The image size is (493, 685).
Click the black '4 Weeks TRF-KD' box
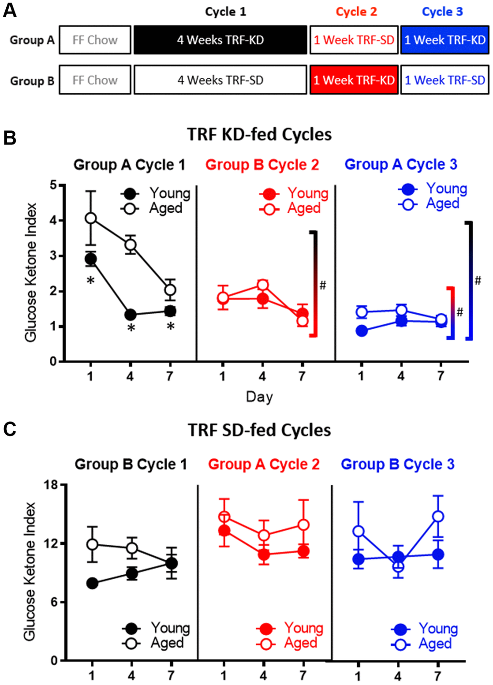[220, 40]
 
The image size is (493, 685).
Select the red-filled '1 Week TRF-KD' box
[354, 80]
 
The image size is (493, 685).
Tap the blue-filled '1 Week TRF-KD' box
[445, 40]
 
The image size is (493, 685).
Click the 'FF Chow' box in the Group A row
[95, 40]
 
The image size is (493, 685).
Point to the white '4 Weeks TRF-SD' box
[220, 80]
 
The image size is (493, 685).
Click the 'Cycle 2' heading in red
[356, 12]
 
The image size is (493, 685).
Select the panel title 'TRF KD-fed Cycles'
[260, 134]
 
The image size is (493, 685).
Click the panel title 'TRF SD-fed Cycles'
[260, 430]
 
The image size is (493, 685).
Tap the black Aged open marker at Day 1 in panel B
[90, 219]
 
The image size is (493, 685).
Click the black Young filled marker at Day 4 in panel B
[130, 315]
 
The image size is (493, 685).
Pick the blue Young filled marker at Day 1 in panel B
[362, 331]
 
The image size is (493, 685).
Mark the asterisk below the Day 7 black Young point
[170, 327]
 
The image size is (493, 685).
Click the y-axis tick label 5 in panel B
[53, 185]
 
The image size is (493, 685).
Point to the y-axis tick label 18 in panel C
[50, 485]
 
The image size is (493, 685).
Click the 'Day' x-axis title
[260, 397]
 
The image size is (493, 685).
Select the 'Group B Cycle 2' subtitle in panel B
[262, 165]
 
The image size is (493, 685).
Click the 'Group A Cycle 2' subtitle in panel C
[264, 465]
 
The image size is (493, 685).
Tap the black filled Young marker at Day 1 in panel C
[92, 583]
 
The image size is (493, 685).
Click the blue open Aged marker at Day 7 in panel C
[438, 516]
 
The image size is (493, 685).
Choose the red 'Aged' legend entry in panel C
[300, 643]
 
